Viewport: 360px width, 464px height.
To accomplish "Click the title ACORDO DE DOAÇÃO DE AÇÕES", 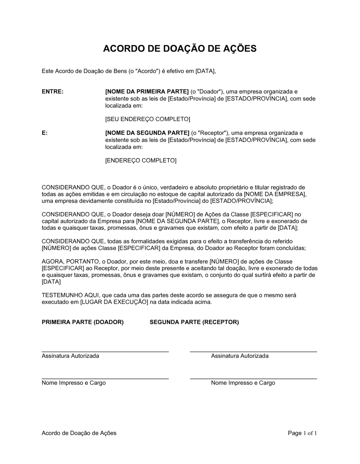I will tap(180, 49).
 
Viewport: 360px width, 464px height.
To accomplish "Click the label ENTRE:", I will tap(53, 92).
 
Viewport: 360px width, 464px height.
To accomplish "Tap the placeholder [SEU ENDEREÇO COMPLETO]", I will tap(147, 119).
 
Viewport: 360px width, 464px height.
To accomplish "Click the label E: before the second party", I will tap(45, 133).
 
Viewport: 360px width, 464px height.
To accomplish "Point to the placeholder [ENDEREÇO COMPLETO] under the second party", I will tap(141, 160).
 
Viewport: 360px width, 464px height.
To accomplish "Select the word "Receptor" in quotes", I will tap(211, 133).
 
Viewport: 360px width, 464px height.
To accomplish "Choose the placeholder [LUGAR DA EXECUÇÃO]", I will tap(114, 302).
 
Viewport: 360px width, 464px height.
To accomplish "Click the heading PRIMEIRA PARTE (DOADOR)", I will tap(83, 322).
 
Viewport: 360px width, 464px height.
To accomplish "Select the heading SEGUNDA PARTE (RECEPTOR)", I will tap(194, 322).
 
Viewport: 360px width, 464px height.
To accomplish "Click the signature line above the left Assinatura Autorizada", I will tap(105, 351).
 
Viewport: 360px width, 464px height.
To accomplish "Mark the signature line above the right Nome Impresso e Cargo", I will tap(253, 378).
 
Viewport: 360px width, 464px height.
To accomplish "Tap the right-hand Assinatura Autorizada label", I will tap(240, 356).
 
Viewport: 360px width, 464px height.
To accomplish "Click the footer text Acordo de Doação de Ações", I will tap(79, 433).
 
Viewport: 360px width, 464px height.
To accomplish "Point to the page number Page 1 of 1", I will tap(302, 433).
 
